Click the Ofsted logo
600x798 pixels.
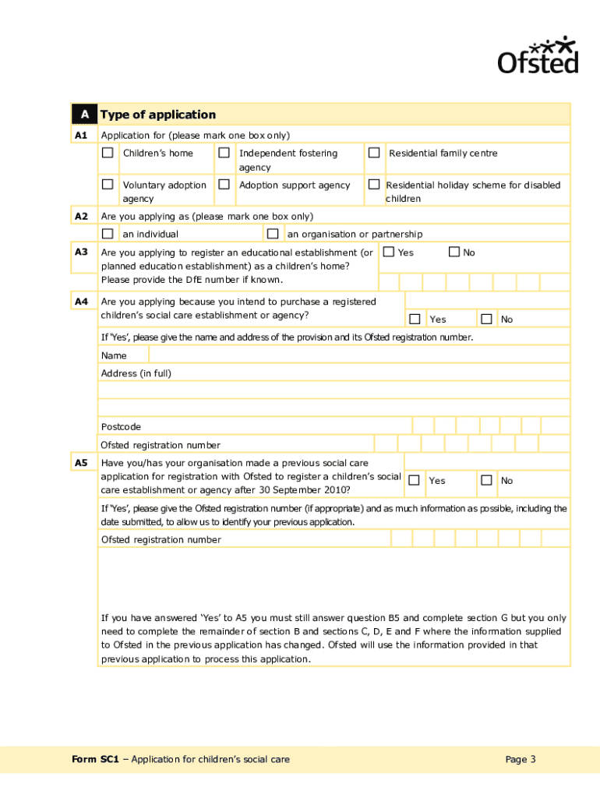point(538,55)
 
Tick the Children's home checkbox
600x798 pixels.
point(108,153)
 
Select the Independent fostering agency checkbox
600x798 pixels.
point(224,153)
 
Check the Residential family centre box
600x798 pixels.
point(374,153)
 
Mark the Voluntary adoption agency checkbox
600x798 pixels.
point(108,185)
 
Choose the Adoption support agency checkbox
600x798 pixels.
point(224,185)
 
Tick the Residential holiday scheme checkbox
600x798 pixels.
point(374,185)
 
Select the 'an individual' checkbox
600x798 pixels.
point(108,234)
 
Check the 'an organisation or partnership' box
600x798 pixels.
point(272,234)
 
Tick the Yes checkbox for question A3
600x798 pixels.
point(388,252)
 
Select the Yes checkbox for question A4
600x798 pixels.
point(415,319)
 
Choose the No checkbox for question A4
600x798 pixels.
point(486,319)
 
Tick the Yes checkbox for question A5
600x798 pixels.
point(415,480)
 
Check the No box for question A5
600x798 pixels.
point(486,480)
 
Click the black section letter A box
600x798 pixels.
point(84,115)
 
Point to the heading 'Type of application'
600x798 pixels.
point(158,115)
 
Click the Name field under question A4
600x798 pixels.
point(343,355)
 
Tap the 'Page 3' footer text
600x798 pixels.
point(521,760)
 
